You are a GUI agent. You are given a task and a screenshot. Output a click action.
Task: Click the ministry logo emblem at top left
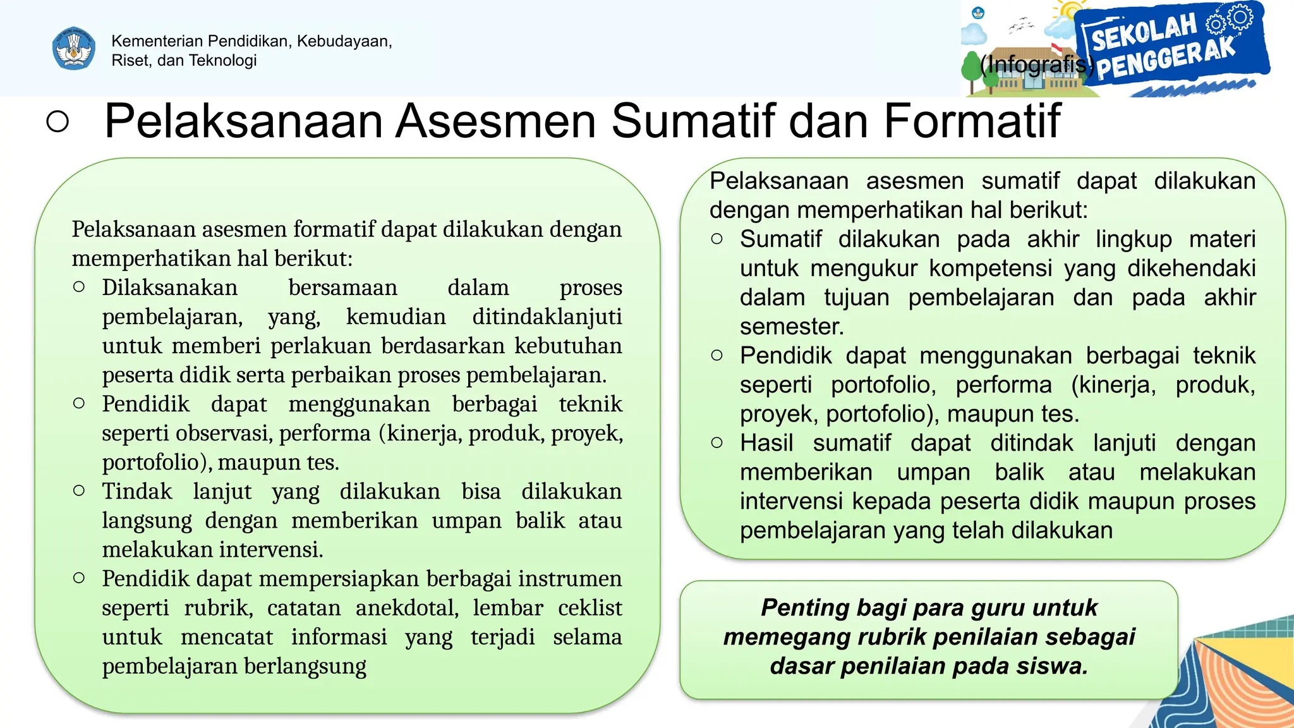point(74,48)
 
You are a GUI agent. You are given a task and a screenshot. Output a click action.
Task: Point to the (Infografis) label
point(1036,64)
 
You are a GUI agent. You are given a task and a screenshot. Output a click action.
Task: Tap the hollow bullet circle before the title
point(57,121)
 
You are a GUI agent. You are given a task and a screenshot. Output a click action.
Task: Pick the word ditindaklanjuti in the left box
point(547,317)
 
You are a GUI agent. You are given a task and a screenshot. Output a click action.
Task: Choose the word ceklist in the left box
point(590,608)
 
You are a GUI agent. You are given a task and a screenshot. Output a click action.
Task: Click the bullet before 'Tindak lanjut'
point(79,490)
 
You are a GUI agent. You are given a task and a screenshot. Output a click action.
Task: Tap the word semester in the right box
point(791,327)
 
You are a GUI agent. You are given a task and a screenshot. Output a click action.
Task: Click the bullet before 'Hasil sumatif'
point(717,442)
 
